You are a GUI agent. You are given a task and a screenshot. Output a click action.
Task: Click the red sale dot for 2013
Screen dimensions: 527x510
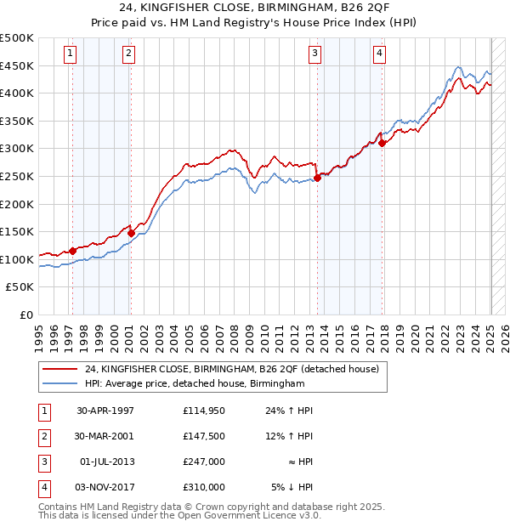click(317, 178)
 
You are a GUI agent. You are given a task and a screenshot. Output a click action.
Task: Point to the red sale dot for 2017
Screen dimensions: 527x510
click(382, 143)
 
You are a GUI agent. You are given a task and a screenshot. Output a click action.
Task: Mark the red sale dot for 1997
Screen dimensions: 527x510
click(73, 250)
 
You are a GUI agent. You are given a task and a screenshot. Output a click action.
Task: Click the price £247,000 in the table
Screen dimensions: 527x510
click(204, 462)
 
